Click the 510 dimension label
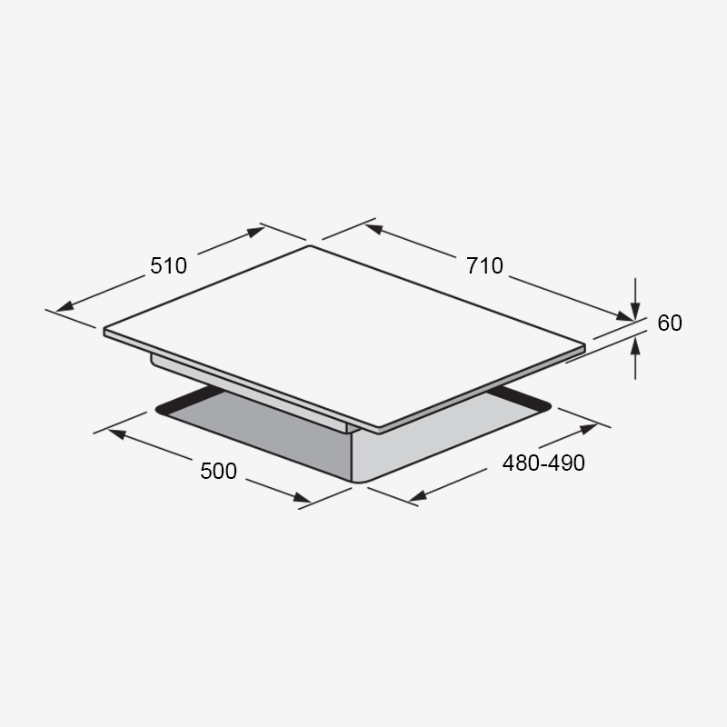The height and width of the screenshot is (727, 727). coord(168,265)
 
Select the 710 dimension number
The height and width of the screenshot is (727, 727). coord(484,265)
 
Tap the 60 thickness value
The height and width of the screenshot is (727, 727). coord(670,323)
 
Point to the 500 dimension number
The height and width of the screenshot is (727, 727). coord(218,471)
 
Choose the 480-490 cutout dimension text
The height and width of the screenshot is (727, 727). coord(543,463)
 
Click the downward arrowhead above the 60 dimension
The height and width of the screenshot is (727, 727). coord(635,310)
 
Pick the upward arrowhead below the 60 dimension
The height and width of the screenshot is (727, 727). coord(635,347)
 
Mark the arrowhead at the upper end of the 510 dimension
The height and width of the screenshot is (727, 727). coord(256,232)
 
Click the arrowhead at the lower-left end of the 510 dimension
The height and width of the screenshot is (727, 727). coord(65,306)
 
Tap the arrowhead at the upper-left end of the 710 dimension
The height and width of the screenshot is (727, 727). coord(373,229)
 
